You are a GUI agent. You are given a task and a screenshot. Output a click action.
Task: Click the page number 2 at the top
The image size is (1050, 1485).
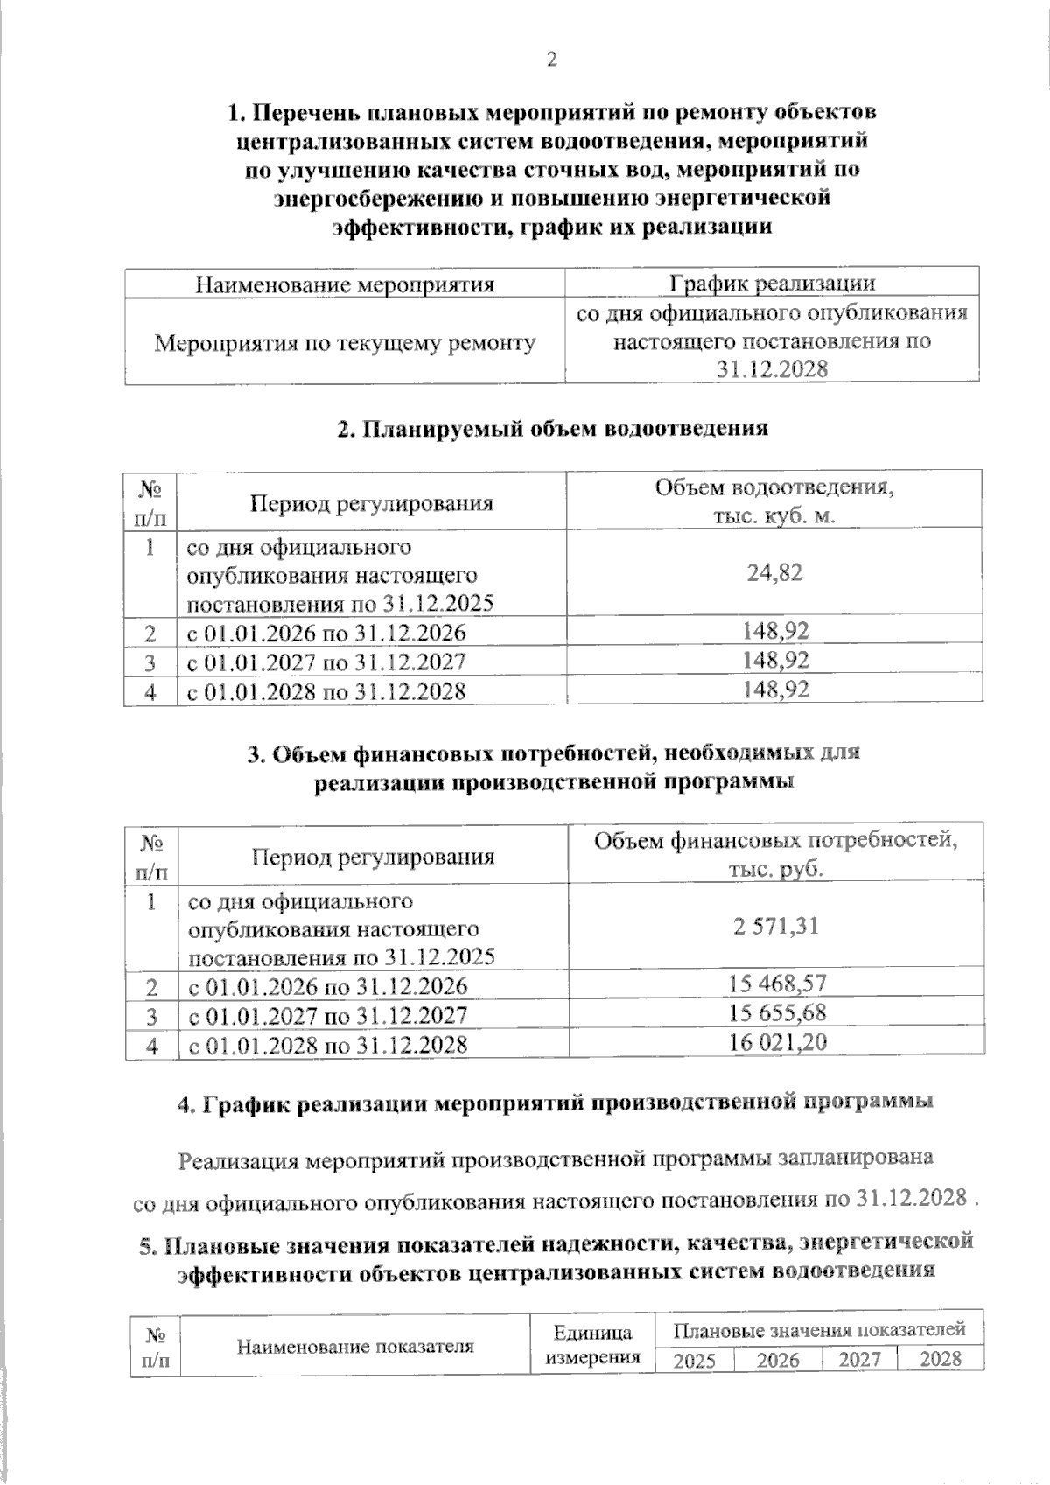coord(551,60)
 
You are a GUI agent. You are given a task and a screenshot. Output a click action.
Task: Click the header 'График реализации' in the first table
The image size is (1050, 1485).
coord(772,283)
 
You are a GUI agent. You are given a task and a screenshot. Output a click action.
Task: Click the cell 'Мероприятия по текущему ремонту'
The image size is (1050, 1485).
coord(345,343)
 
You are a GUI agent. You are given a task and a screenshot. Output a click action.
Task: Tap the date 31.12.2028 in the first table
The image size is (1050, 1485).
coord(772,369)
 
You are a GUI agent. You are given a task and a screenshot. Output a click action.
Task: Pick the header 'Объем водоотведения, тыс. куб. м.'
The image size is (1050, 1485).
coord(774,501)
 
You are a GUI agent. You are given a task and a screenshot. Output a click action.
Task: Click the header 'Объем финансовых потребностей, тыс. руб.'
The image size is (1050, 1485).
coord(775,854)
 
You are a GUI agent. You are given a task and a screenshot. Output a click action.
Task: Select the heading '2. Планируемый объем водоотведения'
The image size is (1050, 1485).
coord(552,429)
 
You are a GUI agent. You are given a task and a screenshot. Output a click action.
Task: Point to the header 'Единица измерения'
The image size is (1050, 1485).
coord(593,1345)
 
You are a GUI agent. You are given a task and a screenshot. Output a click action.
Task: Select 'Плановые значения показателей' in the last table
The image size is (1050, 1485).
coord(820,1329)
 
